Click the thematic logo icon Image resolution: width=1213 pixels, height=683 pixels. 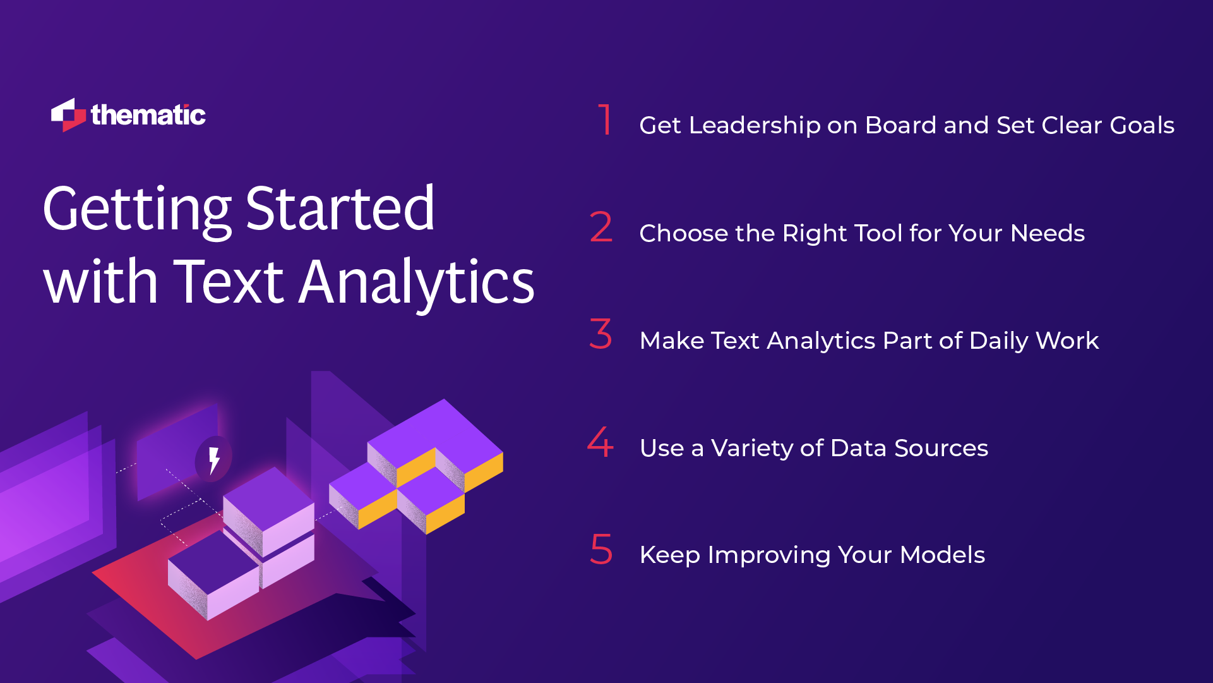(x=68, y=116)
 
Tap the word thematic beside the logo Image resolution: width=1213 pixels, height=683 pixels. (x=148, y=116)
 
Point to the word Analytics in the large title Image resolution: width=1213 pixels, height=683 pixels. (x=417, y=282)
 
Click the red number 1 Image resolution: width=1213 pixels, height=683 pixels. (x=605, y=119)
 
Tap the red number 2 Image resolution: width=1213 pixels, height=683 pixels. (x=601, y=227)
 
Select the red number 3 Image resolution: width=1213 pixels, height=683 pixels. (x=601, y=334)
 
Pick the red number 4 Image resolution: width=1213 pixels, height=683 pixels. (x=601, y=442)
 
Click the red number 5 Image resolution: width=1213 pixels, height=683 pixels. (x=601, y=549)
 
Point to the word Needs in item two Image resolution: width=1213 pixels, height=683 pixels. (x=1048, y=234)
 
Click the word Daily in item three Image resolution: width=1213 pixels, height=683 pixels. (x=999, y=341)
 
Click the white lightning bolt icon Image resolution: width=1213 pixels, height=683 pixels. (x=214, y=459)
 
